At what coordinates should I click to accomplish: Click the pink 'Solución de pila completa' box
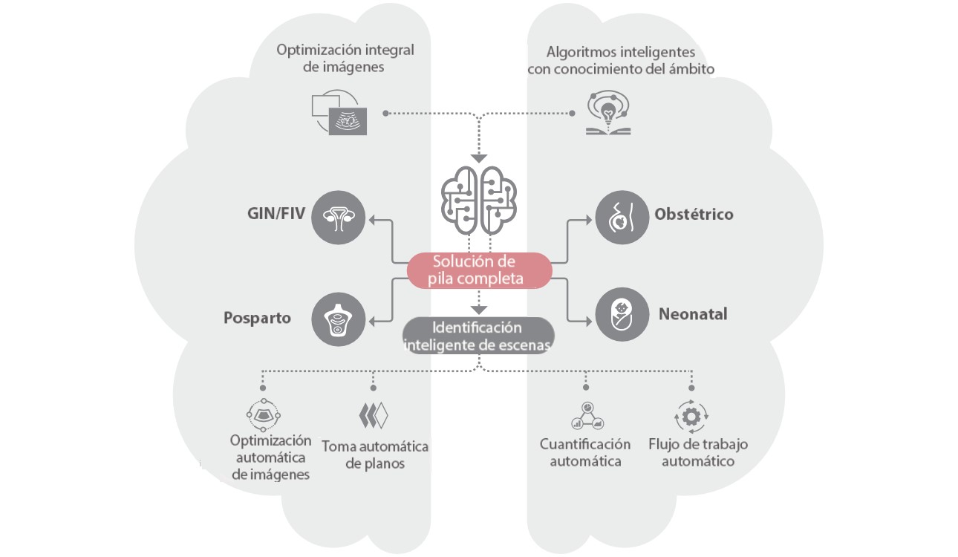click(x=479, y=270)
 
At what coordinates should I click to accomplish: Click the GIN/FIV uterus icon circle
click(x=338, y=217)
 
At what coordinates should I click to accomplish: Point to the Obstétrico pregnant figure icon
click(x=622, y=217)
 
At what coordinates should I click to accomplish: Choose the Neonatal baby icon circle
click(x=622, y=314)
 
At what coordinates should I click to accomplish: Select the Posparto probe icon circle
click(x=338, y=319)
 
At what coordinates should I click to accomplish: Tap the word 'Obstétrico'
click(x=694, y=215)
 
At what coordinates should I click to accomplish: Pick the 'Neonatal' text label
click(x=692, y=314)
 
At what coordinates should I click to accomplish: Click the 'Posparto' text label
click(x=257, y=318)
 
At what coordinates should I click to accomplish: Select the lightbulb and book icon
click(x=607, y=113)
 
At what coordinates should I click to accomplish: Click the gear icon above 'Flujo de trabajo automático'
click(x=691, y=416)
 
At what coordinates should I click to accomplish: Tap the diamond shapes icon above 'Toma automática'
click(x=374, y=415)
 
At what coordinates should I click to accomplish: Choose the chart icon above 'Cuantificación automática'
click(x=587, y=416)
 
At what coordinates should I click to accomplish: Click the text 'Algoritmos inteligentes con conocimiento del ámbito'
click(x=621, y=60)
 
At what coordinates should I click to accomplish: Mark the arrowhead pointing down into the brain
click(x=479, y=157)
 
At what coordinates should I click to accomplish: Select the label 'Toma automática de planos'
click(x=375, y=455)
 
